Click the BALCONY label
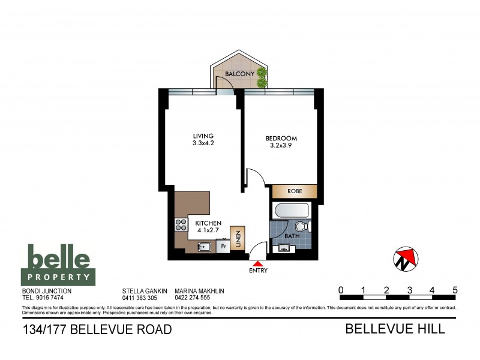(x=237, y=74)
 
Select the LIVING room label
(x=203, y=136)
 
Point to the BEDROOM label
(x=281, y=139)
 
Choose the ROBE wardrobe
(x=294, y=191)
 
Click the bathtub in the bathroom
(x=291, y=212)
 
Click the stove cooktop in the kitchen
(x=181, y=225)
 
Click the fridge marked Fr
(x=223, y=246)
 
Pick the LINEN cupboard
(x=238, y=239)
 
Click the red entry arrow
(x=258, y=262)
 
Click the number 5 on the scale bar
(x=455, y=290)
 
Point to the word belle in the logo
(x=59, y=259)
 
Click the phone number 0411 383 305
(x=139, y=298)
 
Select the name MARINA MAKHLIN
(x=199, y=290)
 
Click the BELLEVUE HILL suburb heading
(x=395, y=329)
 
